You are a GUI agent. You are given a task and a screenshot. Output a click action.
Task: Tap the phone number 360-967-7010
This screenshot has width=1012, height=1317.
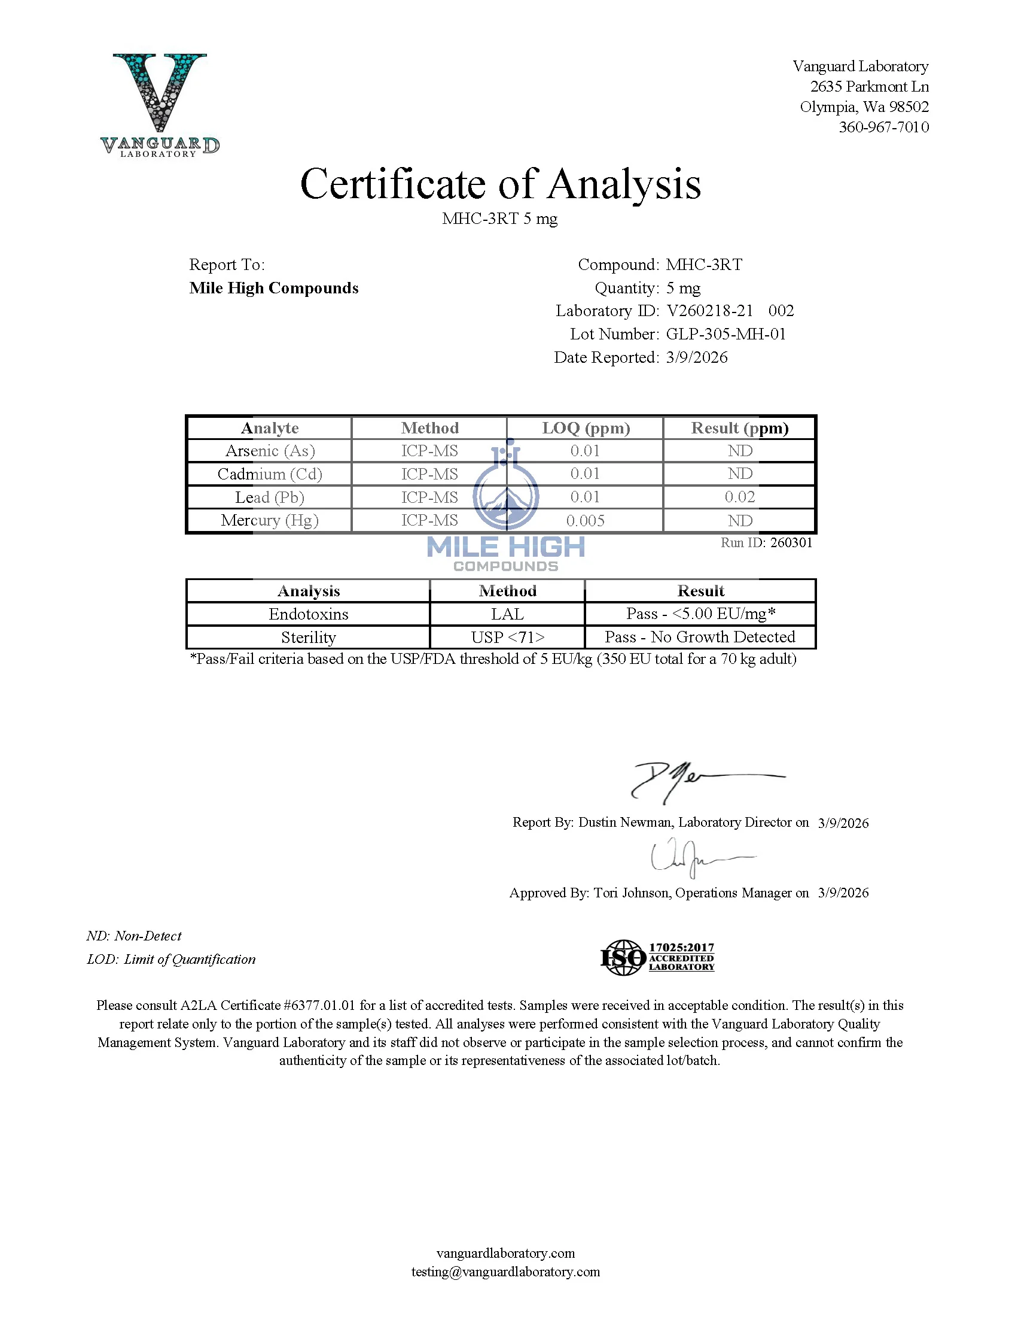[x=883, y=127]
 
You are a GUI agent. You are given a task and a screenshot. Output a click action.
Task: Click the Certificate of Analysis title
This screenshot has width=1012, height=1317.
[x=500, y=184]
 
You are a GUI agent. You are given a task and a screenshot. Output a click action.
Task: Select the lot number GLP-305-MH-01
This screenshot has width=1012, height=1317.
[x=726, y=334]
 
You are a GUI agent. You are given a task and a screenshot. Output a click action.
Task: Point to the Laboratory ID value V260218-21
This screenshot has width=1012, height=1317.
[x=709, y=311]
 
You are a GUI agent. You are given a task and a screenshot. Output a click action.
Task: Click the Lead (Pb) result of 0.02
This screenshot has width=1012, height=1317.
[x=739, y=497]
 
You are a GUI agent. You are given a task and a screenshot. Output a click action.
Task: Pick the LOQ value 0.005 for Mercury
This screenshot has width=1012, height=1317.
[x=585, y=520]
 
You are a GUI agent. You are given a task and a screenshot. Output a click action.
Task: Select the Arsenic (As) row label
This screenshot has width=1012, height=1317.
[x=270, y=451]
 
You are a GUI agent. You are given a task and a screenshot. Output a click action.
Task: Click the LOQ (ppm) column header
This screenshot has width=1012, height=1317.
[x=586, y=428]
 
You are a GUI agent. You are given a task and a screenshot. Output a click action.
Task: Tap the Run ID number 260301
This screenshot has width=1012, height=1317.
[x=791, y=542]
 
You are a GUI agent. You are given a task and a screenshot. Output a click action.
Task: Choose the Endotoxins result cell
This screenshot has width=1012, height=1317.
[x=700, y=614]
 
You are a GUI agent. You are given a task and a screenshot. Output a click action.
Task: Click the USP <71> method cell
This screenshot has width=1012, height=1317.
[x=507, y=637]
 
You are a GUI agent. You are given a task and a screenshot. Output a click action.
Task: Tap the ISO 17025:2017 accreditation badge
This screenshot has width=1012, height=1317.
[x=657, y=957]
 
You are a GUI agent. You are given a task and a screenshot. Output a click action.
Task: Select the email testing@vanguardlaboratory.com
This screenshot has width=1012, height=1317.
[x=505, y=1271]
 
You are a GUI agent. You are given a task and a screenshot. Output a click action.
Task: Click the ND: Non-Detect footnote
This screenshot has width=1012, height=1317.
[x=134, y=936]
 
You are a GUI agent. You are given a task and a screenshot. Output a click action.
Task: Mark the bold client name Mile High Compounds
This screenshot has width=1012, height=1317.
[x=273, y=288]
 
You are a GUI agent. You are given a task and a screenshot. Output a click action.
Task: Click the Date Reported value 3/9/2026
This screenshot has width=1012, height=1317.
[x=696, y=357]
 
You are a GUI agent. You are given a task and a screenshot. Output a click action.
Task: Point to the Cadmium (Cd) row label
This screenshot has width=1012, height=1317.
[x=270, y=474]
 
